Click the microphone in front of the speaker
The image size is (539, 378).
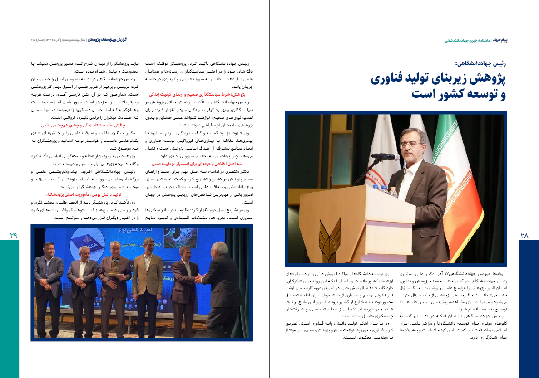[x=385, y=157]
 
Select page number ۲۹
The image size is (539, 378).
[x=13, y=235]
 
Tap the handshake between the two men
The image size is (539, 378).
[x=198, y=279]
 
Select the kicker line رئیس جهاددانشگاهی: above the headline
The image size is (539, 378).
[x=481, y=63]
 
